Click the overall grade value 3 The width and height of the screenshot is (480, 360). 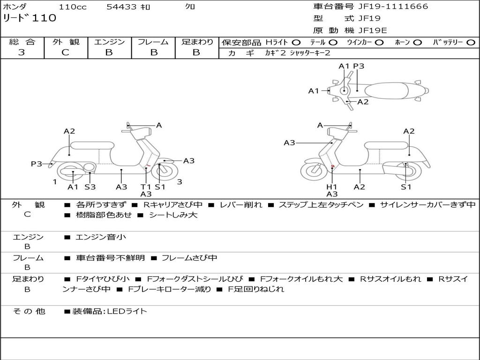pos(22,52)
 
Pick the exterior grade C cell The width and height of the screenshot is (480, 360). pos(65,52)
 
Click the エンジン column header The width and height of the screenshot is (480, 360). pos(109,42)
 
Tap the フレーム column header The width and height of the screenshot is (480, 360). pos(153,42)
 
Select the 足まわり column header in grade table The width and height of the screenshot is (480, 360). pos(197,42)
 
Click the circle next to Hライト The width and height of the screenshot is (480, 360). pos(296,43)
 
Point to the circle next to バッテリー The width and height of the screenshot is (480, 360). pos(471,43)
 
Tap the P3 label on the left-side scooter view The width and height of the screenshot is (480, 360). pos(37,164)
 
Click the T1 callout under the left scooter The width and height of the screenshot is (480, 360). pos(146,187)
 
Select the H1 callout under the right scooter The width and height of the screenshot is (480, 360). pos(332,187)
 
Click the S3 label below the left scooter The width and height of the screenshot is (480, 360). pos(90,187)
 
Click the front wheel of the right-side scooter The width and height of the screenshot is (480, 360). pos(314,171)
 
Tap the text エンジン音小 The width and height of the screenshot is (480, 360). pos(101,238)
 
